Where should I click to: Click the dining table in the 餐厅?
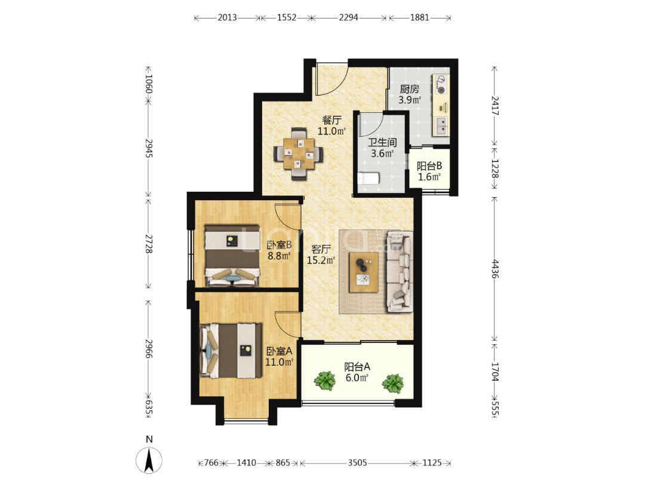coord(299,154)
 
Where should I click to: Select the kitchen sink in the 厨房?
coord(441,125)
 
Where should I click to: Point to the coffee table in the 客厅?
coord(364,272)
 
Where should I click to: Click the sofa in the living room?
coord(400,272)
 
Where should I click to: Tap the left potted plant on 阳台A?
coord(325,381)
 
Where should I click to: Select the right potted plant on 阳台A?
coord(393,383)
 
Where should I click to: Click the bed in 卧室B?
coord(233,256)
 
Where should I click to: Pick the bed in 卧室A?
coord(231,351)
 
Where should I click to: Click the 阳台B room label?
coord(429,166)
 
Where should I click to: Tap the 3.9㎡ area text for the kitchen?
coord(409,100)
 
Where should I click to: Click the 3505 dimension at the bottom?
coord(357,463)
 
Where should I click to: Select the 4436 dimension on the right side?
coord(495,268)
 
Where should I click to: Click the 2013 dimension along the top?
coord(227,17)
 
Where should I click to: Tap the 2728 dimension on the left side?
coord(149,244)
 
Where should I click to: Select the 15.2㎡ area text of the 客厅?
coord(321,260)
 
